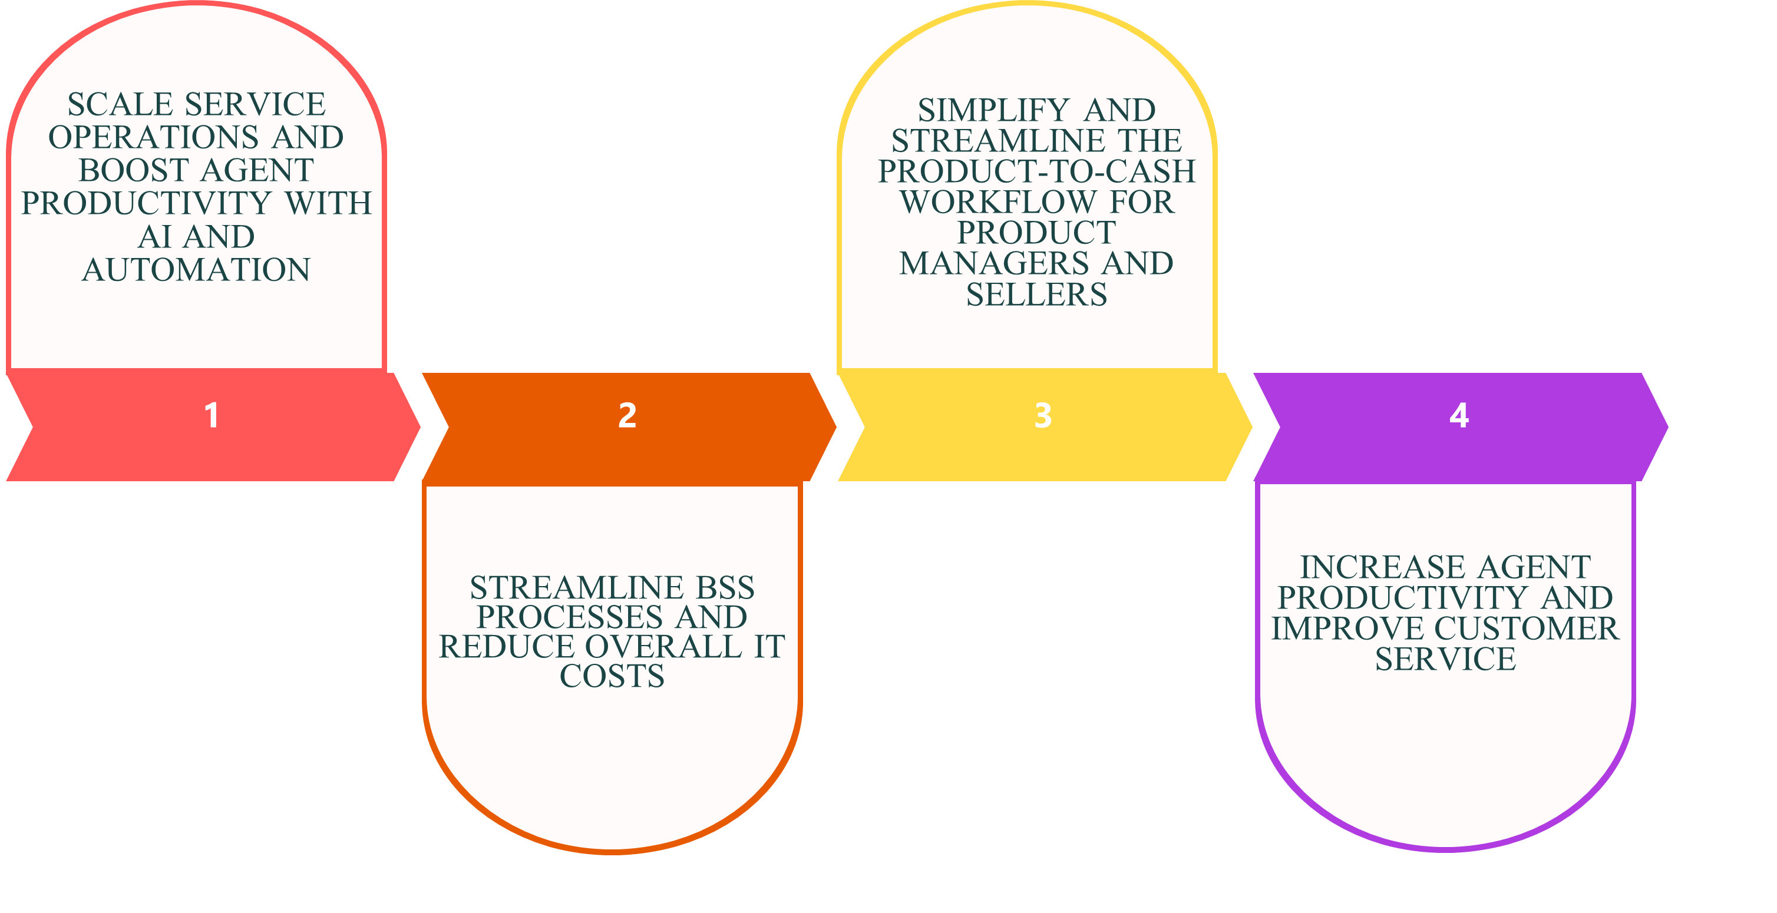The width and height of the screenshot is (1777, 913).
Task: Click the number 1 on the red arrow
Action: click(212, 415)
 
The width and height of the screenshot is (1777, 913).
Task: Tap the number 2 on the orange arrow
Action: click(627, 415)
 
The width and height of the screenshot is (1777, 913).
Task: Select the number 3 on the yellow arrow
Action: click(1043, 415)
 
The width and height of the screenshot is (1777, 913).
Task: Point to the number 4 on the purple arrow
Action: click(1459, 415)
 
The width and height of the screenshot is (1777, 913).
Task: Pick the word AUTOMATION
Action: click(197, 270)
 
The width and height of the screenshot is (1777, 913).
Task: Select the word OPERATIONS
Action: click(153, 137)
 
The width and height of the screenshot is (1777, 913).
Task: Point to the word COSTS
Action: click(612, 676)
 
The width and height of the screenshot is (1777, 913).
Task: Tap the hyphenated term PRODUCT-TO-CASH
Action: click(1036, 171)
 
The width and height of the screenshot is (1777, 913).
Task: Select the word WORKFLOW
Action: click(998, 202)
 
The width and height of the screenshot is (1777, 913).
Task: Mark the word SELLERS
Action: click(1036, 295)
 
